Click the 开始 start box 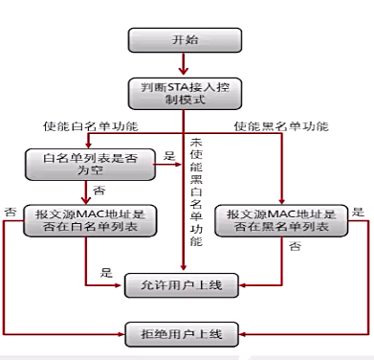[x=182, y=42]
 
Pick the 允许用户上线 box [x=182, y=283]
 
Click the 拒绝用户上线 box [x=182, y=333]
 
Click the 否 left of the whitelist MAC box [x=11, y=211]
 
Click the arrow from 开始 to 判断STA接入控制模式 [x=182, y=67]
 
